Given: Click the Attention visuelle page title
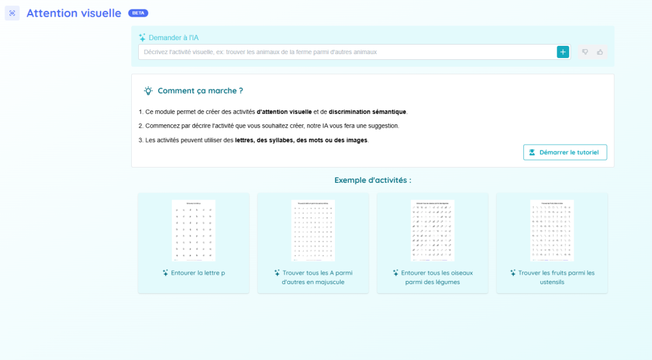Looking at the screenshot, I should pos(73,13).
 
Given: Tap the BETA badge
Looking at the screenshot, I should pos(138,13).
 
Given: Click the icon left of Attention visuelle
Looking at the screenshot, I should pos(12,13).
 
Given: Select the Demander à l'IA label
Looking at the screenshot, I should pos(173,38).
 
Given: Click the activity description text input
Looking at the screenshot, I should pos(347,52).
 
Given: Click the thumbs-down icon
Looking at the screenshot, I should pos(585,52).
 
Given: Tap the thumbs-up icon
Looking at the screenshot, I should pos(600,52).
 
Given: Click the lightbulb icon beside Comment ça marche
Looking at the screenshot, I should pos(148,91).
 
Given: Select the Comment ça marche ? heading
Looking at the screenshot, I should pos(200,91).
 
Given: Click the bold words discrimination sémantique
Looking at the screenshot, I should pos(367,112).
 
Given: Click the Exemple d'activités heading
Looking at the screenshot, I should pos(372,180).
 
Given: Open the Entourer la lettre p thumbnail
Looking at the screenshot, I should pos(194,230).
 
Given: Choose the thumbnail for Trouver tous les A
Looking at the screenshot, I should pos(313,230).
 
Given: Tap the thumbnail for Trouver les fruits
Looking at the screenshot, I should pos(551,230).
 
